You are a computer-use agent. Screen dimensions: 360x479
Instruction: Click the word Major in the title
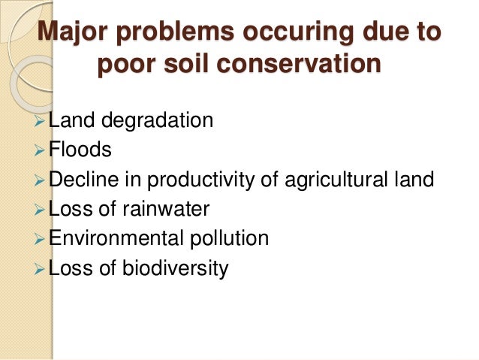74,35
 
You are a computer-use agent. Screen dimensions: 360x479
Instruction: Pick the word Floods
80,150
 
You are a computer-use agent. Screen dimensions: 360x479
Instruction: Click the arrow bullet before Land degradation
41,121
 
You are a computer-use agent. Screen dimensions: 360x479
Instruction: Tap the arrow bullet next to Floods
41,150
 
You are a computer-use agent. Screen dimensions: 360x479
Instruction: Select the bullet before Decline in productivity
41,180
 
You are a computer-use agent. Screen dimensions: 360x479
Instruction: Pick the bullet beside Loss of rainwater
41,210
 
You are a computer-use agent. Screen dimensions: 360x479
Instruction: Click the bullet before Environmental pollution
41,239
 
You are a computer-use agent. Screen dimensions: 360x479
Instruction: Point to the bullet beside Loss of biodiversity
41,268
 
